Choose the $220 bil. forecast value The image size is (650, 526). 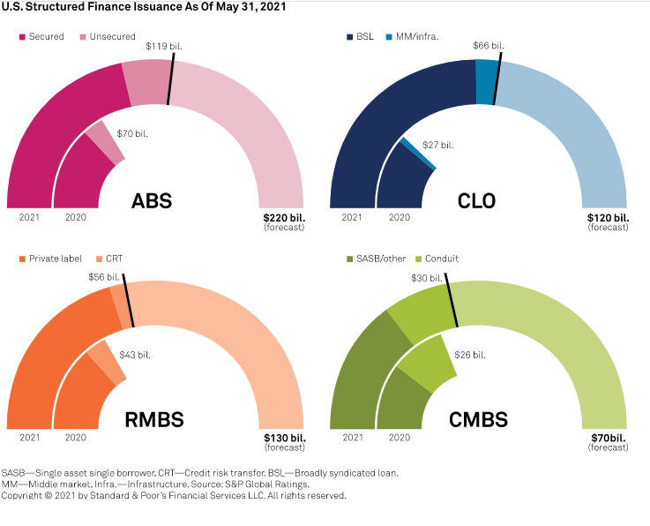point(283,216)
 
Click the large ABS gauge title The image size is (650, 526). point(152,200)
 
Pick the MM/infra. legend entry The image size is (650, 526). point(417,37)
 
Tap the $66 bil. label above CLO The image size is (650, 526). point(489,45)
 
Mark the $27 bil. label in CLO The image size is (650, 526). point(438,145)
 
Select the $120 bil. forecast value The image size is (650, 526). point(609,216)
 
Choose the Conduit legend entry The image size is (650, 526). point(438,259)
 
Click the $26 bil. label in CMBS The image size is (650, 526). point(471,355)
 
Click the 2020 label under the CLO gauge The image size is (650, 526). point(400,216)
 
